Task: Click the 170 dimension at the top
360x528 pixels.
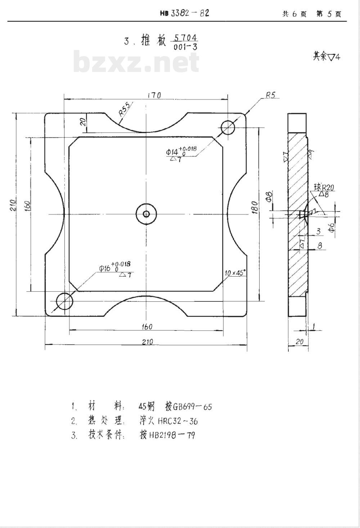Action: click(x=154, y=95)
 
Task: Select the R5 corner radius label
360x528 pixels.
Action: click(x=270, y=95)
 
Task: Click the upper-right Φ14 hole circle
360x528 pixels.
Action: click(x=228, y=127)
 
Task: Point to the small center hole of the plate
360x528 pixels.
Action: click(x=146, y=214)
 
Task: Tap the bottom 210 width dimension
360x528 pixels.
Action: click(x=147, y=342)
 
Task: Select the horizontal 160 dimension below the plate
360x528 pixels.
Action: click(x=147, y=327)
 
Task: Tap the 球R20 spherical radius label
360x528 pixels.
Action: click(x=324, y=187)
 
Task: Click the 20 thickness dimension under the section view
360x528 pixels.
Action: click(x=299, y=342)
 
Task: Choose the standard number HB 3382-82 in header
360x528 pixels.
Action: click(x=185, y=13)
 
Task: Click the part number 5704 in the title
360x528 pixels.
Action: click(x=185, y=38)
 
